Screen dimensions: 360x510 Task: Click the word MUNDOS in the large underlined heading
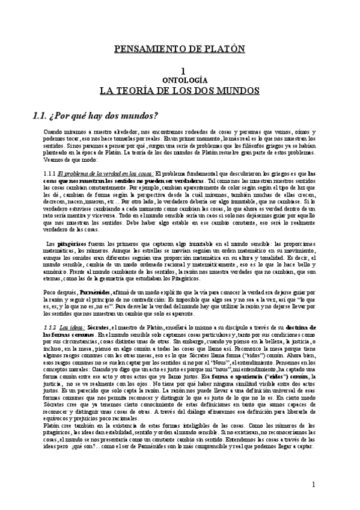(238, 91)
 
